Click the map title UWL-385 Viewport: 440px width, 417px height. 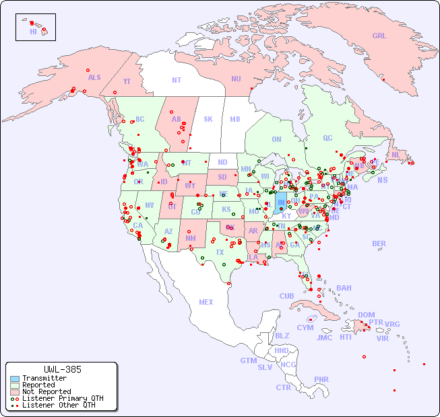tap(62, 369)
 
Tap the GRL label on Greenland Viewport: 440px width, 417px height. tap(379, 36)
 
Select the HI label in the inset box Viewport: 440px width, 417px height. tap(33, 31)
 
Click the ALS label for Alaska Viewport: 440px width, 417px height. tap(94, 77)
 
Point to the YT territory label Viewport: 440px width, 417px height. tap(127, 81)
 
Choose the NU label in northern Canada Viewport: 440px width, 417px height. tap(236, 79)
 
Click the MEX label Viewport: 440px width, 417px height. tap(206, 302)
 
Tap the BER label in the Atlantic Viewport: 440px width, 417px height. tap(379, 243)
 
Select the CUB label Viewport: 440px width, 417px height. tap(286, 296)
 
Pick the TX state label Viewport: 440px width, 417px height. tap(220, 252)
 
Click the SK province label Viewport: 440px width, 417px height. tap(208, 119)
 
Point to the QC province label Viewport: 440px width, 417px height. tap(327, 138)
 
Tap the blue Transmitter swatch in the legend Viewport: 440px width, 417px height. tap(14, 379)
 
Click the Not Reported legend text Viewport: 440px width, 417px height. tap(46, 391)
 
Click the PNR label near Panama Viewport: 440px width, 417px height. tap(321, 379)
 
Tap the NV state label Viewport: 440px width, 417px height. tap(149, 205)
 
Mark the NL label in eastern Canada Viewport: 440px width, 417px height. tap(396, 154)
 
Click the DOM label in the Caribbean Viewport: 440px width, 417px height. tap(366, 315)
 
